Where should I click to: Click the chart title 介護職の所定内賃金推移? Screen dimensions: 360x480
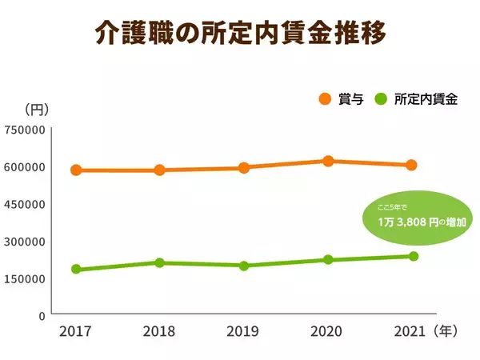[x=240, y=34]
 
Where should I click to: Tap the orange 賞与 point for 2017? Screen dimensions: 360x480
[x=76, y=170]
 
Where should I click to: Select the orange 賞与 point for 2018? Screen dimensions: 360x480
[x=160, y=170]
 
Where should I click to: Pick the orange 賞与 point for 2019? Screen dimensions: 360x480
[x=244, y=167]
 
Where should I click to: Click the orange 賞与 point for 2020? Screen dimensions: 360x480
[x=328, y=161]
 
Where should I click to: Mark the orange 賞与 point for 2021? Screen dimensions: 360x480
[x=412, y=165]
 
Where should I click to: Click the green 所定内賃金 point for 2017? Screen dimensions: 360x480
[x=76, y=269]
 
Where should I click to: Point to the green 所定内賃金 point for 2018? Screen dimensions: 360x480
[x=160, y=262]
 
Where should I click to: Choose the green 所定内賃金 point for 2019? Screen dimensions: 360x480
[x=244, y=266]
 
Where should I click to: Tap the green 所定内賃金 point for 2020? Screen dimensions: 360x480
[x=328, y=259]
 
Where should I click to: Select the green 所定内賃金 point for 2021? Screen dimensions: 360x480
[x=414, y=256]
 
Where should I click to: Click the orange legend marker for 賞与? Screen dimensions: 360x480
[x=325, y=99]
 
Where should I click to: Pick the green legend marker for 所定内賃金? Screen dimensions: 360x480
[x=381, y=99]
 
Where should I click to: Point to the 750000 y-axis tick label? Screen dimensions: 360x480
[x=24, y=130]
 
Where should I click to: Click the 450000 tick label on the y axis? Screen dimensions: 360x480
[x=24, y=204]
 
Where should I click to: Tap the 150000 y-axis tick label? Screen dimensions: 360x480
[x=24, y=278]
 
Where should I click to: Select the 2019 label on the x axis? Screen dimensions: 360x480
[x=243, y=331]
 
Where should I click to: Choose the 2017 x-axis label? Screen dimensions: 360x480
[x=75, y=331]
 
